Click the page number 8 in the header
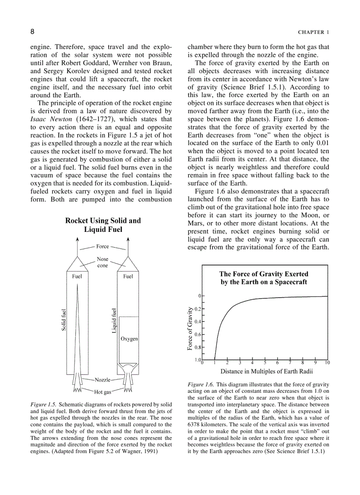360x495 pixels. (32, 32)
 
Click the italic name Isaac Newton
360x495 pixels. (50, 119)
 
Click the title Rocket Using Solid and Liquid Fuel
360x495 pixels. (103, 225)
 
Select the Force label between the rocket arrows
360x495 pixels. (102, 246)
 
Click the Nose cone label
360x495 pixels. (102, 262)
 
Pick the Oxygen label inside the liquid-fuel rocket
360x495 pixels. (129, 339)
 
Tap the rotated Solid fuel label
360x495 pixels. (64, 320)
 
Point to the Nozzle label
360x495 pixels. (102, 380)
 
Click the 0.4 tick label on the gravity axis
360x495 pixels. (198, 321)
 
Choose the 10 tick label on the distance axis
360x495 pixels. (327, 363)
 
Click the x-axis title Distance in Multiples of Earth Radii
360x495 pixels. (267, 371)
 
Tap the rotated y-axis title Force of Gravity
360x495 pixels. (190, 328)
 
